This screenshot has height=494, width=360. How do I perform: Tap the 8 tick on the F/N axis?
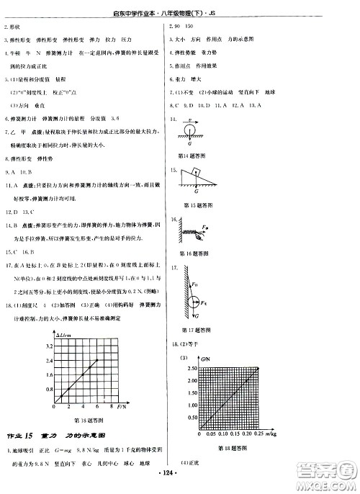[x=119, y=407]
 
